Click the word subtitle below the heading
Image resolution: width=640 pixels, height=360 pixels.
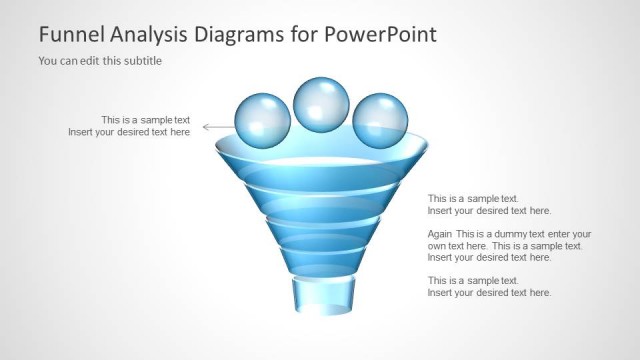[x=143, y=61]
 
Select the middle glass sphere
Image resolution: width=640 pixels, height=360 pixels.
[x=321, y=103]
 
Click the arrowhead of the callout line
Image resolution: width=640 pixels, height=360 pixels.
[x=206, y=127]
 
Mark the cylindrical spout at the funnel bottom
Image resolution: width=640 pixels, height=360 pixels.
[x=322, y=297]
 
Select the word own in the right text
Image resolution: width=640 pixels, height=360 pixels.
[x=437, y=246]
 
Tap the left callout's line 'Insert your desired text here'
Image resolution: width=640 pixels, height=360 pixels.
[x=129, y=132]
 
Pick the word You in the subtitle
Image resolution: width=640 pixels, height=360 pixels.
[x=47, y=61]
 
